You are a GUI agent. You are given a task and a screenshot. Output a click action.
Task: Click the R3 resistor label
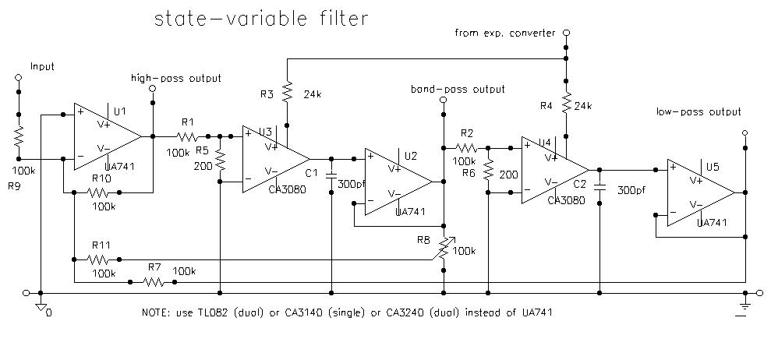click(x=267, y=93)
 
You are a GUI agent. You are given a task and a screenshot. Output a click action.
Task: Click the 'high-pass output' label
click(x=176, y=78)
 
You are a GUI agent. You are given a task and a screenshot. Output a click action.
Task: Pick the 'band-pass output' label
click(x=458, y=90)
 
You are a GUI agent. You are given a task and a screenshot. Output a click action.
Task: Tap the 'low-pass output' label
click(x=698, y=112)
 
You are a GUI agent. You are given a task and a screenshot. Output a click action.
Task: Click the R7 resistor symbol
click(x=154, y=281)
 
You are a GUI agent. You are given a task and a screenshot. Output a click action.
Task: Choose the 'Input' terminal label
click(x=42, y=67)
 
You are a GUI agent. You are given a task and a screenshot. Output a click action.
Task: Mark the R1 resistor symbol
click(x=187, y=136)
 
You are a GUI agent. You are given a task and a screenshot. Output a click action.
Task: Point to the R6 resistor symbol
click(x=488, y=171)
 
